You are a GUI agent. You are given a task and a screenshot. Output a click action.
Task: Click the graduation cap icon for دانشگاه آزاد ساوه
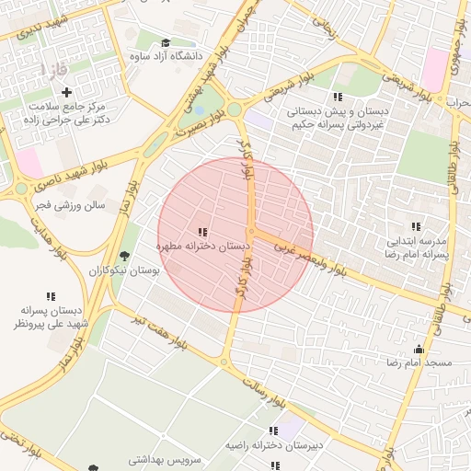166,43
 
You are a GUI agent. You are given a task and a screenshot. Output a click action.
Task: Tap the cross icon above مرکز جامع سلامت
66,92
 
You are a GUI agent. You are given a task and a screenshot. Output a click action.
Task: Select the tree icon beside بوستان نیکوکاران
125,256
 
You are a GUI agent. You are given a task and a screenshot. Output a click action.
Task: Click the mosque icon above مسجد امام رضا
419,349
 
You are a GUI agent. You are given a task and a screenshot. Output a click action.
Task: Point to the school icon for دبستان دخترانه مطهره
202,232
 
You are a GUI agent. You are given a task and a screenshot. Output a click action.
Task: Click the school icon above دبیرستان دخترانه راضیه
273,431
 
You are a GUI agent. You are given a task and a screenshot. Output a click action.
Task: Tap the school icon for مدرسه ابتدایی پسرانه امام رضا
416,226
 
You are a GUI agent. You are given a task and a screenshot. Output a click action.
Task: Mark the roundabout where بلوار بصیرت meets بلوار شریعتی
235,109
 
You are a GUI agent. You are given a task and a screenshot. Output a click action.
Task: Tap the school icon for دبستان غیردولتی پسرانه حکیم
338,97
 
